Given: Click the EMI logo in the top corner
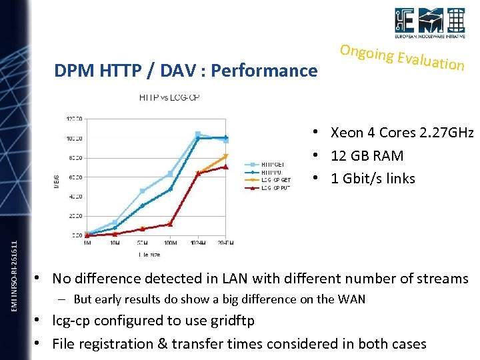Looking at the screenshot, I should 429,25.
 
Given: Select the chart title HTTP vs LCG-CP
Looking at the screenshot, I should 169,97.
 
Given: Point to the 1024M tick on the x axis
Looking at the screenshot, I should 197,243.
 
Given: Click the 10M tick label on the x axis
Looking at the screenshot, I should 115,243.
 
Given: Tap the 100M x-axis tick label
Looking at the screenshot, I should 170,243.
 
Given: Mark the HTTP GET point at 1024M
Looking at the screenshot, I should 197,134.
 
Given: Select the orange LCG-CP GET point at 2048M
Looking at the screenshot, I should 226,156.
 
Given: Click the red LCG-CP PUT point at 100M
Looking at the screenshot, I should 170,224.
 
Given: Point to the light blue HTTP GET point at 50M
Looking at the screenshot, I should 142,191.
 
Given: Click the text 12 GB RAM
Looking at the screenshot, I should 367,155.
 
